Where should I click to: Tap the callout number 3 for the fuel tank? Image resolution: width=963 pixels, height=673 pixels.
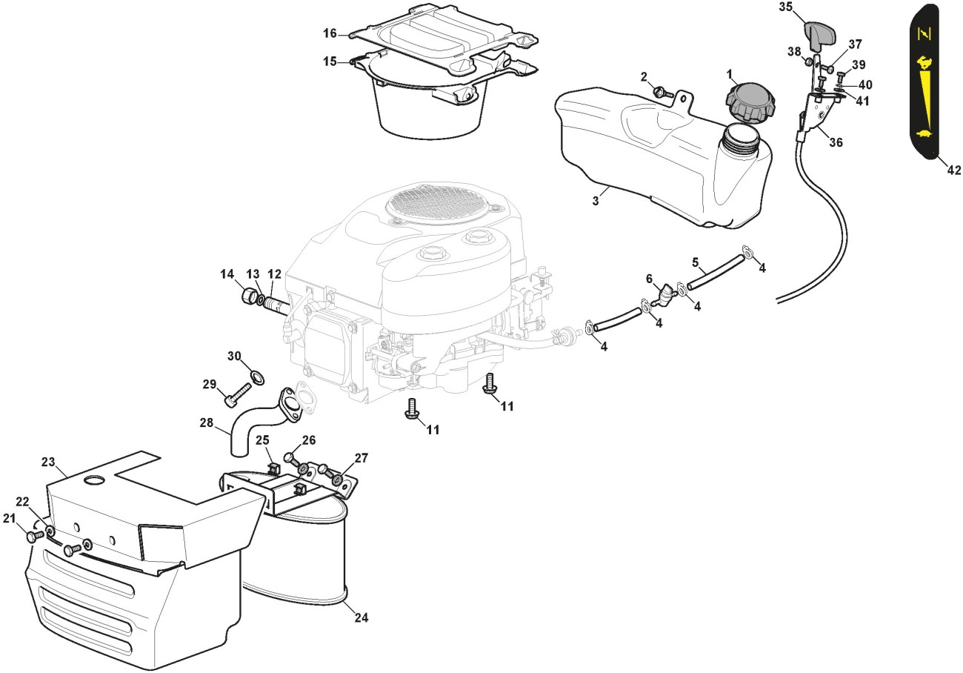pos(596,201)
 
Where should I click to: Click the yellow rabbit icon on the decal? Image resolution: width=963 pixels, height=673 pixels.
pos(924,63)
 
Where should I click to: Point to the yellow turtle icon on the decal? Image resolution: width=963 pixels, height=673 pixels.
pos(924,133)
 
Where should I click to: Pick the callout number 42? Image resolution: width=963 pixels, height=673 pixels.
pos(953,170)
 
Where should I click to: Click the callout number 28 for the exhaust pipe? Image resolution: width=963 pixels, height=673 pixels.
pos(207,422)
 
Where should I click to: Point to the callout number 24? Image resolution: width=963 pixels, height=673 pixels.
pos(361,617)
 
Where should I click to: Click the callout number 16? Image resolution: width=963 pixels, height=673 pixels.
pos(330,33)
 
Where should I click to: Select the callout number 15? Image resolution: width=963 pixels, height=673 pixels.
pos(330,62)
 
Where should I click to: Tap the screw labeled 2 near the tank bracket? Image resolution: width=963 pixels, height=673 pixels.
pos(662,92)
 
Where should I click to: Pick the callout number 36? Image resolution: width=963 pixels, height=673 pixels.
pos(836,142)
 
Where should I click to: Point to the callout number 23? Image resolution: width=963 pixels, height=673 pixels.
pos(48,462)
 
